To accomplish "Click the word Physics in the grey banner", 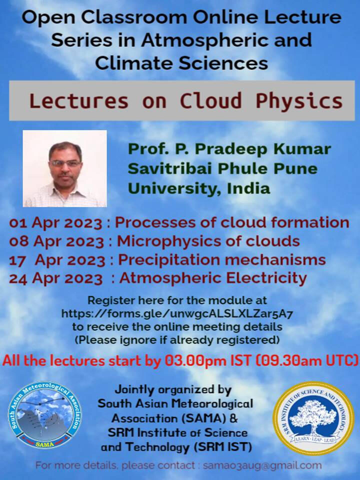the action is [x=299, y=101].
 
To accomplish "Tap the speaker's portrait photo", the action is [x=65, y=168].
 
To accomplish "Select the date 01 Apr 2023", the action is [x=55, y=222].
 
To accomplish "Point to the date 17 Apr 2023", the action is [x=57, y=260].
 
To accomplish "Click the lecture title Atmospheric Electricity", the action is [x=213, y=278].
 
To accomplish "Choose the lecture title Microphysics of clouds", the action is [x=208, y=241].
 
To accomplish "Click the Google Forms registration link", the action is [x=177, y=313].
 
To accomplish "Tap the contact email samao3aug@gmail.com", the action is [x=262, y=465].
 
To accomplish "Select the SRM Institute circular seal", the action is [x=313, y=418].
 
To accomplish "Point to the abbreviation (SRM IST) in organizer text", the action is [x=222, y=447].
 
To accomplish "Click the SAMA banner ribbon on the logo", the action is [x=45, y=443].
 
